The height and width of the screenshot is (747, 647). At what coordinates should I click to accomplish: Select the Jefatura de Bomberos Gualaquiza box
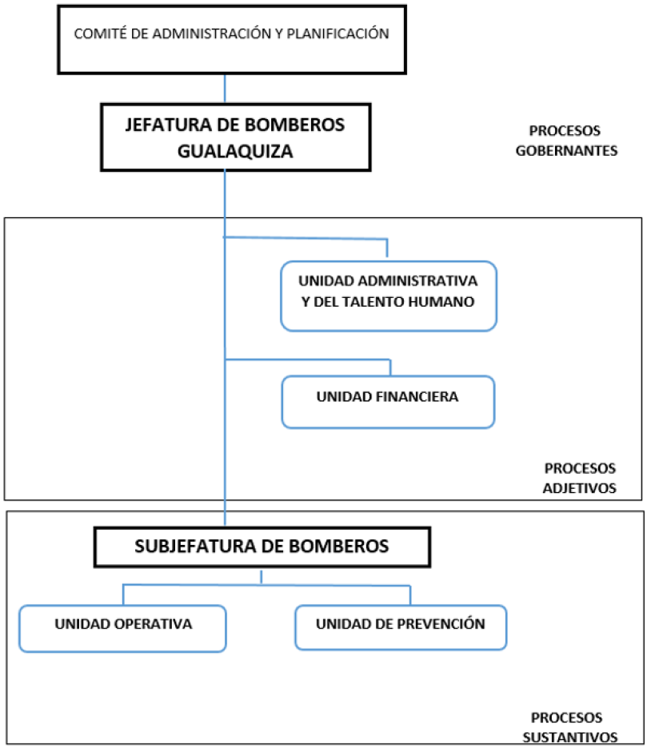click(x=234, y=137)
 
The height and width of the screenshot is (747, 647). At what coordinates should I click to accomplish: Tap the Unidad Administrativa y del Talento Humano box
click(x=388, y=294)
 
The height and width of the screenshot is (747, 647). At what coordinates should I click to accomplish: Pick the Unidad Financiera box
click(x=388, y=401)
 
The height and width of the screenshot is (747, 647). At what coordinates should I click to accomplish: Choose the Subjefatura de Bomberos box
click(x=262, y=547)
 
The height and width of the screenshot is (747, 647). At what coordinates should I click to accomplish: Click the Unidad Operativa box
click(x=123, y=627)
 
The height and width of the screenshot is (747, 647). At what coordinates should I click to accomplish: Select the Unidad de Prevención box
click(x=400, y=627)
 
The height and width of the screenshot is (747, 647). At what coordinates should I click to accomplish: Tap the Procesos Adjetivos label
click(x=580, y=478)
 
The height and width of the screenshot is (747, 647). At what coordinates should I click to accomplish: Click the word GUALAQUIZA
click(x=235, y=151)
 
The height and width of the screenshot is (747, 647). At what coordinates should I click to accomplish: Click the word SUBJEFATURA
click(x=190, y=546)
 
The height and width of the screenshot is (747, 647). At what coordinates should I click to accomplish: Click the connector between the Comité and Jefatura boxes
click(x=225, y=88)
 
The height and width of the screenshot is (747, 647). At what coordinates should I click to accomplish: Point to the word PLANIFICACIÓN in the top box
click(x=341, y=34)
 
